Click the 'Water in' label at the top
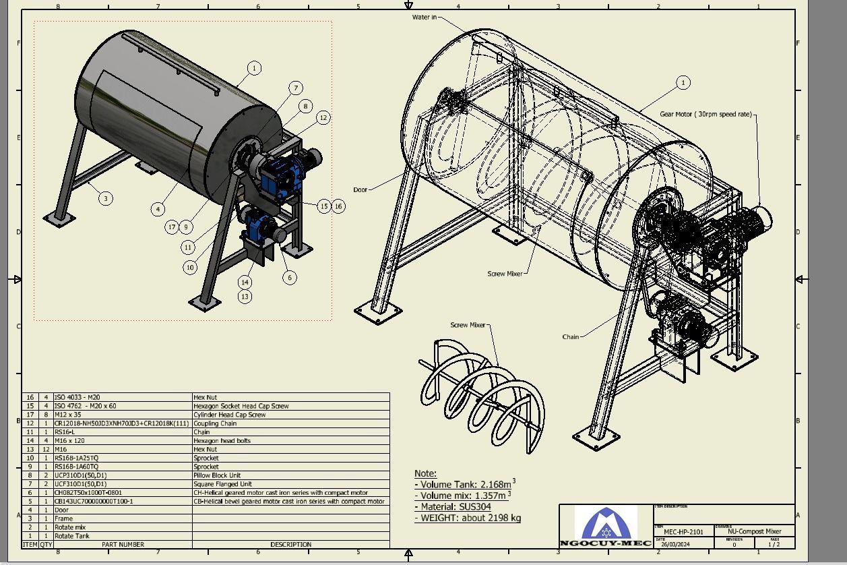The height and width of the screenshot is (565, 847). tap(424, 17)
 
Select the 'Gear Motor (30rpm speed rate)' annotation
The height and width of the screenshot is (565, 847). tap(705, 115)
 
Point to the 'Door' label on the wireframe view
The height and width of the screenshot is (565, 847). tap(360, 189)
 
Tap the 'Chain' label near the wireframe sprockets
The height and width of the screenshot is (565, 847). tap(570, 336)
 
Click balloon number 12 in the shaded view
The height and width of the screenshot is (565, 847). tap(323, 117)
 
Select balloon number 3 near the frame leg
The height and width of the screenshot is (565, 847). tap(106, 198)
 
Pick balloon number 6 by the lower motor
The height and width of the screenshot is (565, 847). tap(290, 277)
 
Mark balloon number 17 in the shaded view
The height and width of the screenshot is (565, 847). tap(172, 227)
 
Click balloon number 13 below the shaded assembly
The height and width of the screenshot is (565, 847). tap(245, 296)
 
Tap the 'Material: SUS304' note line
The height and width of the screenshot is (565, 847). tap(452, 506)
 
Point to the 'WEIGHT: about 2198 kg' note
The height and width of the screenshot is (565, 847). tap(468, 518)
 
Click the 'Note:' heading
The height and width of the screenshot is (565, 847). tap(425, 473)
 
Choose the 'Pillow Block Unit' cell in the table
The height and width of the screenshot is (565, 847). tap(217, 475)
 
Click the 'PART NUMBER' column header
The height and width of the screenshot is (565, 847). tap(123, 544)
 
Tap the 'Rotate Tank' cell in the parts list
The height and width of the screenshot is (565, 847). tap(71, 536)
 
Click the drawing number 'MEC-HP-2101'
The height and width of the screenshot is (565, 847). tap(683, 531)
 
